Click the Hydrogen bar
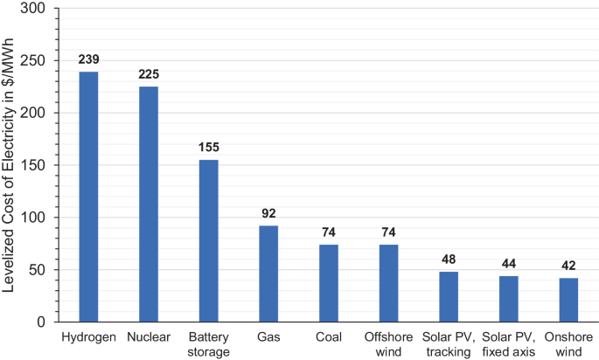click(x=88, y=197)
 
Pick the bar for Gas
click(x=268, y=273)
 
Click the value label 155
click(x=208, y=150)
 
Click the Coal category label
click(x=328, y=337)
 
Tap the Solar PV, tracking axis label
click(x=448, y=344)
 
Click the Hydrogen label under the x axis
click(x=88, y=337)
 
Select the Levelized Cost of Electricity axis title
click(x=11, y=165)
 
